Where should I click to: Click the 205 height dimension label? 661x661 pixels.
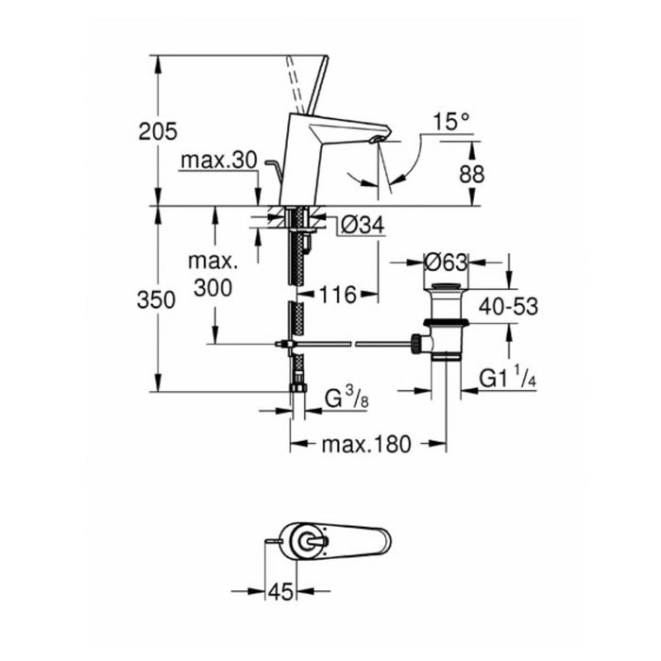pyautogui.click(x=158, y=132)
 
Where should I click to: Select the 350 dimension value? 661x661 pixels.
pyautogui.click(x=156, y=300)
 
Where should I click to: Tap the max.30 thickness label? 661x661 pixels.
pyautogui.click(x=219, y=161)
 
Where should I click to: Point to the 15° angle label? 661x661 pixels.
pyautogui.click(x=450, y=122)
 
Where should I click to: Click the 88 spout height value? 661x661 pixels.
pyautogui.click(x=472, y=174)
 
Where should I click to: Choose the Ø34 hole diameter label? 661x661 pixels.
pyautogui.click(x=363, y=225)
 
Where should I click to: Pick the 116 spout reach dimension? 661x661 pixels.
pyautogui.click(x=338, y=295)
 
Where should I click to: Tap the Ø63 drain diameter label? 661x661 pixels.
pyautogui.click(x=446, y=263)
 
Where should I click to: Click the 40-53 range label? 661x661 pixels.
pyautogui.click(x=508, y=307)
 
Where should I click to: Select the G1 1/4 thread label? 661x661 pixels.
pyautogui.click(x=508, y=377)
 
